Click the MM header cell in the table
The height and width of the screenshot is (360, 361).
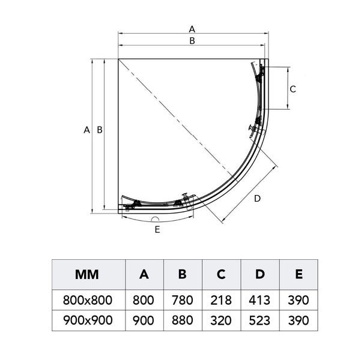click(87, 274)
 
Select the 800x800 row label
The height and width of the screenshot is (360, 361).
click(88, 300)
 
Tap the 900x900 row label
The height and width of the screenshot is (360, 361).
click(88, 320)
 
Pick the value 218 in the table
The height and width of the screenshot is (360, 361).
click(221, 300)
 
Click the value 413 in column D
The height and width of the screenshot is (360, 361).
click(259, 300)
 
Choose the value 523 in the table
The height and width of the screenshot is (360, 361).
click(259, 320)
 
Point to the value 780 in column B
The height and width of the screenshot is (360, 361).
click(183, 300)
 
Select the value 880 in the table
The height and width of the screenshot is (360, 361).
click(183, 320)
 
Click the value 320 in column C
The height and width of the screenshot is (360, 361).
click(221, 320)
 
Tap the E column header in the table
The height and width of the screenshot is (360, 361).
click(299, 274)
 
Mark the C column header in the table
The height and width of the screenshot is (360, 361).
click(221, 274)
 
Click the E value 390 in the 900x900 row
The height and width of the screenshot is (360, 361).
click(299, 320)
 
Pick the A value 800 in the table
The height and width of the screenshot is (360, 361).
click(143, 300)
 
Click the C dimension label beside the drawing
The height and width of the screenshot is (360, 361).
click(293, 89)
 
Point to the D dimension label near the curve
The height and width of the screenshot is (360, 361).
click(257, 199)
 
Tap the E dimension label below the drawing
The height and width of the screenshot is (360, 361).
click(157, 230)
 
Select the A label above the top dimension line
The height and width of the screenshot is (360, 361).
click(192, 29)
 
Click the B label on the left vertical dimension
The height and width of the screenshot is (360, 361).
click(100, 130)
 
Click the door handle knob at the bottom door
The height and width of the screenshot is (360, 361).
click(186, 195)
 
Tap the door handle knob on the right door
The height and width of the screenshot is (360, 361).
click(250, 127)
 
